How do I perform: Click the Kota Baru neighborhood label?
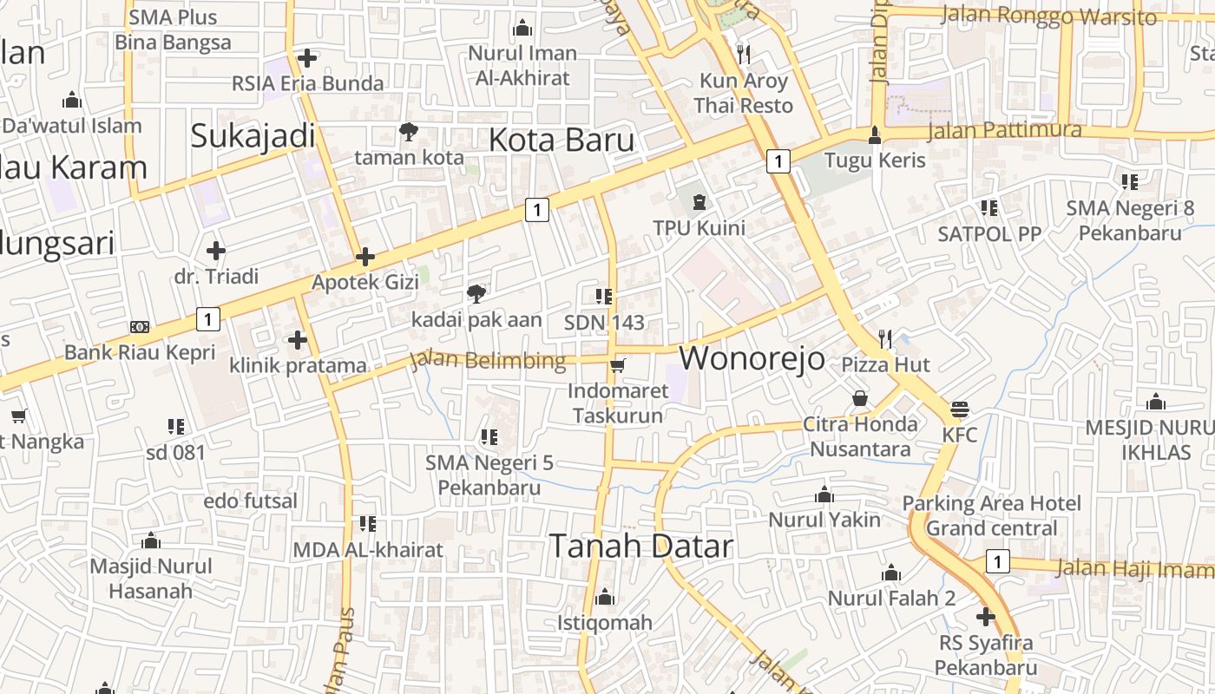click(x=562, y=140)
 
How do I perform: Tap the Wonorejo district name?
click(x=752, y=357)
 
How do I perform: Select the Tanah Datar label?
click(x=641, y=546)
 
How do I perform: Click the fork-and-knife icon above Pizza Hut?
click(x=885, y=338)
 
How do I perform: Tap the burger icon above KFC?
click(x=960, y=409)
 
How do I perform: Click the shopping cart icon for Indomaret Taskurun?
click(x=617, y=365)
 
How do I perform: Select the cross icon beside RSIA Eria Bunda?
click(x=306, y=58)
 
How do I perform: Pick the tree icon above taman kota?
click(x=408, y=132)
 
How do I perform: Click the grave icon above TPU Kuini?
click(x=699, y=202)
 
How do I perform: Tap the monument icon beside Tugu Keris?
click(x=875, y=134)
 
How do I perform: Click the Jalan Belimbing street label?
click(x=488, y=360)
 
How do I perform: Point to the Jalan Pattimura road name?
click(x=1004, y=131)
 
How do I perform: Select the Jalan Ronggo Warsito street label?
click(x=1048, y=16)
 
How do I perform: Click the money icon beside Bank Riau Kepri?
click(x=139, y=327)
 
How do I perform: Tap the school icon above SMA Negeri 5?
click(x=489, y=437)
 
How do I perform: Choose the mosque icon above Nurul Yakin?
click(x=824, y=494)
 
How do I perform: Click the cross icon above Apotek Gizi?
click(x=365, y=257)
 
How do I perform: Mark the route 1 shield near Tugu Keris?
click(x=778, y=160)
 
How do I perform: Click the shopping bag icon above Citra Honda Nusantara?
click(x=860, y=398)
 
